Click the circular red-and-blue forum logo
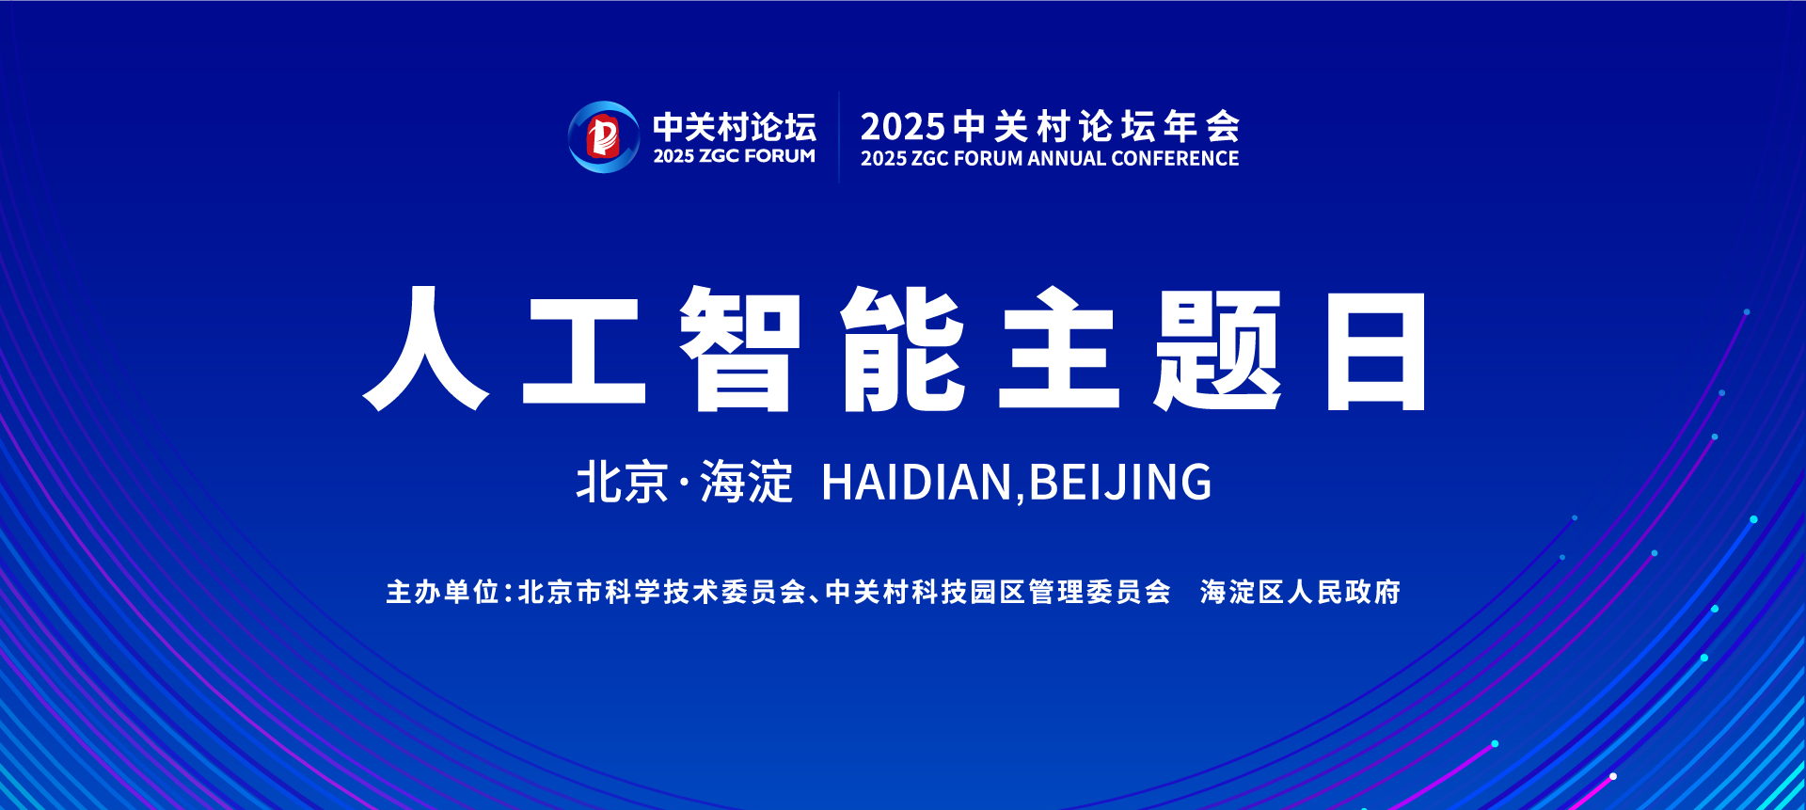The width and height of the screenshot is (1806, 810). click(603, 137)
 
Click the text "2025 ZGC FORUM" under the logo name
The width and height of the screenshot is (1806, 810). click(735, 156)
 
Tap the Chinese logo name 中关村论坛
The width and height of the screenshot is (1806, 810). click(735, 126)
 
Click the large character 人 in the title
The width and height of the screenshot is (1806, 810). click(426, 349)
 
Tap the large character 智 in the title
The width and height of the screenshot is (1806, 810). click(739, 349)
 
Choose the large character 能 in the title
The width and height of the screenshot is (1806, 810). click(903, 349)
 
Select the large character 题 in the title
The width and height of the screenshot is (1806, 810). click(1218, 349)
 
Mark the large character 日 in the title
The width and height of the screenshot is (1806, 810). click(1376, 350)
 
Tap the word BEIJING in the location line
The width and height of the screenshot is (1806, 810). click(1120, 483)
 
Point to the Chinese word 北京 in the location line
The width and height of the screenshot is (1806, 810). click(622, 483)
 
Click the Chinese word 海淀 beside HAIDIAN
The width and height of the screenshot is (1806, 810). click(747, 483)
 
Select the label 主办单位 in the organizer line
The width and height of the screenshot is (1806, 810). click(442, 592)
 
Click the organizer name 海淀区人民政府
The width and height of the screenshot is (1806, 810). click(1300, 592)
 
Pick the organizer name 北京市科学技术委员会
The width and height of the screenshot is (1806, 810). click(662, 592)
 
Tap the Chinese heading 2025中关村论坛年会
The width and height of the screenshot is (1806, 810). click(1050, 126)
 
